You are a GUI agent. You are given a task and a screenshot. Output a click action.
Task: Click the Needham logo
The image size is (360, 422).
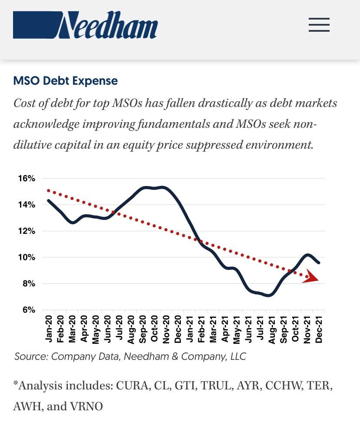point(85,25)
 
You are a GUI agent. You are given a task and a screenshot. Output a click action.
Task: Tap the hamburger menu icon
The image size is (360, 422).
point(319,25)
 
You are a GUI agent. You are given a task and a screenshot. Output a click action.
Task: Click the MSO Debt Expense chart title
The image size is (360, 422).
point(65,81)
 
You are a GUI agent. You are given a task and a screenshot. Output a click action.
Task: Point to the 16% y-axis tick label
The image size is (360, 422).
point(27,179)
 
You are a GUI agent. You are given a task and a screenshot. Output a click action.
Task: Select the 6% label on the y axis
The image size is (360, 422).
point(29,310)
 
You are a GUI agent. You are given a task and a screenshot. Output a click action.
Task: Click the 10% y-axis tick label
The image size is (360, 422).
point(27,257)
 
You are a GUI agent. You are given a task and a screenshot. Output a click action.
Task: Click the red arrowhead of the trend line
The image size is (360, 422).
point(311,278)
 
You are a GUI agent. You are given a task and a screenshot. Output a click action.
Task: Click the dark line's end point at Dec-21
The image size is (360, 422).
point(320,263)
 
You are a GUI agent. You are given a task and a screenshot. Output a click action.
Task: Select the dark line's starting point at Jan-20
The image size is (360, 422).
point(48,200)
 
